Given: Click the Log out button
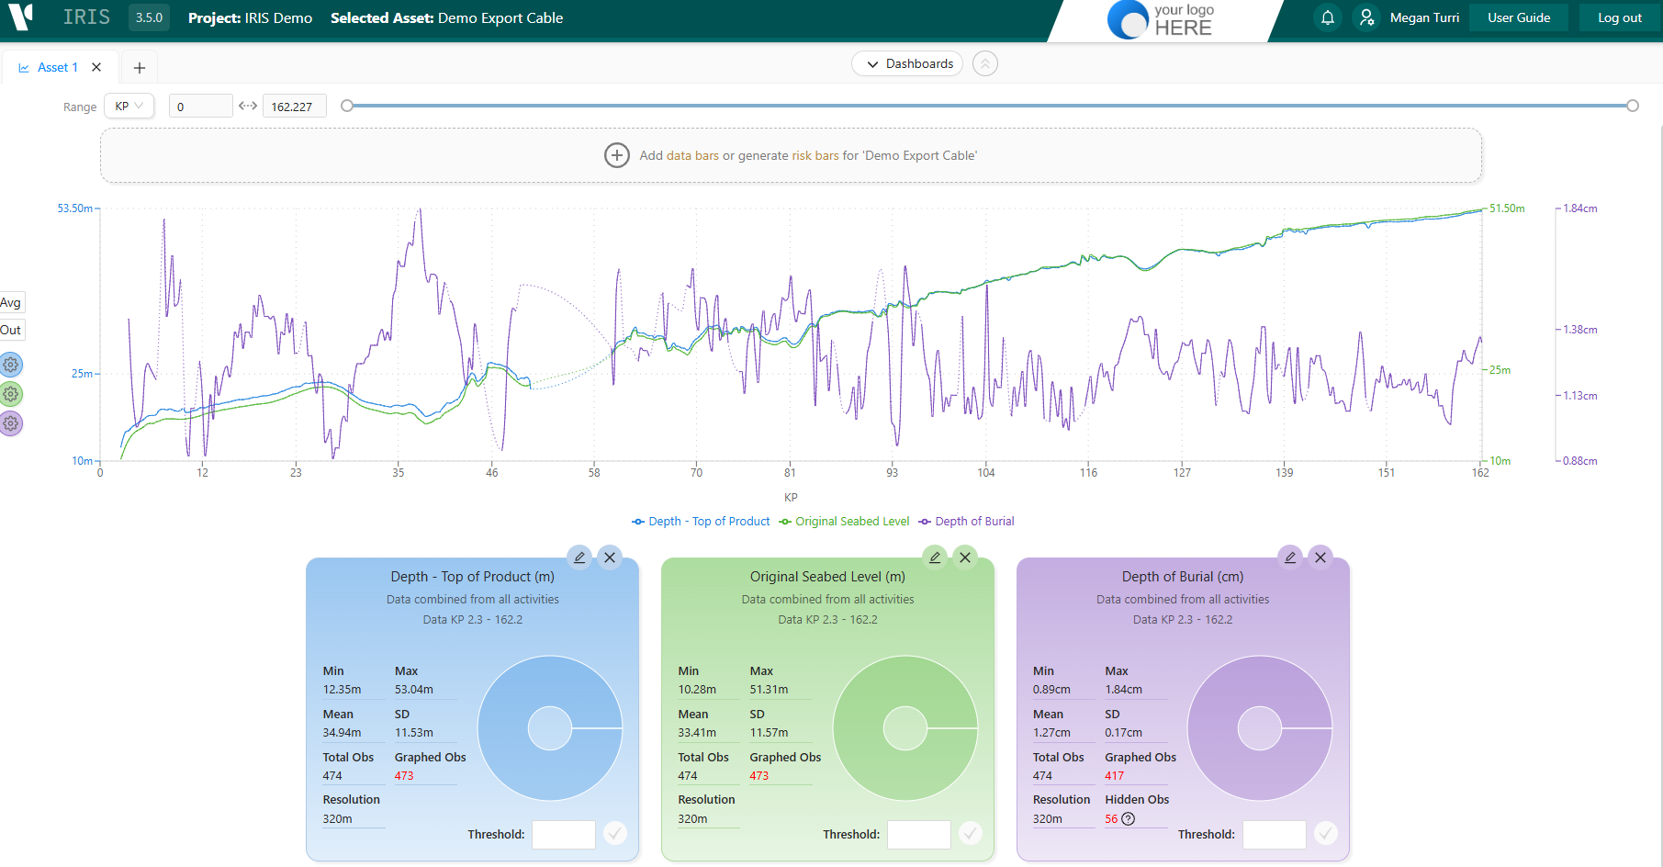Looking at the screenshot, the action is click(x=1619, y=17).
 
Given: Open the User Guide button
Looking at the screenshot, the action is click(x=1519, y=17).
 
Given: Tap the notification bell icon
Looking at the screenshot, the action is click(x=1328, y=17).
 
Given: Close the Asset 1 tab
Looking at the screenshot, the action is click(x=96, y=67).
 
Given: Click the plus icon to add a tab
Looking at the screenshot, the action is click(x=140, y=67).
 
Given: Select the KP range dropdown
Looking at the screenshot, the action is click(x=129, y=106).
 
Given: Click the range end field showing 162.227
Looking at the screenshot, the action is click(x=294, y=107).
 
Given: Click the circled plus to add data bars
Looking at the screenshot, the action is click(x=617, y=155).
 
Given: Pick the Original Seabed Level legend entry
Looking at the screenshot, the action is click(x=844, y=521).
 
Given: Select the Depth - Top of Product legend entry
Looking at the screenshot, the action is click(x=702, y=521).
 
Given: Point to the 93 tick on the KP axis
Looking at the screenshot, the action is click(x=892, y=473).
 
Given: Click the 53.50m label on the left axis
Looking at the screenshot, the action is click(x=75, y=208).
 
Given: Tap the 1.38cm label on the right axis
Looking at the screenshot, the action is click(x=1580, y=330).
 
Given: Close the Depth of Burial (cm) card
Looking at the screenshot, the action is click(x=1320, y=557).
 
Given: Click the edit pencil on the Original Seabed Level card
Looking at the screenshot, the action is click(x=935, y=557).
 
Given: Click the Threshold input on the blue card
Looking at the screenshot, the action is click(x=564, y=834).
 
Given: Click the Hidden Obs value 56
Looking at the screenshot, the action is click(x=1111, y=819).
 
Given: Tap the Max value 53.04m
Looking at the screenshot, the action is click(x=414, y=690).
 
